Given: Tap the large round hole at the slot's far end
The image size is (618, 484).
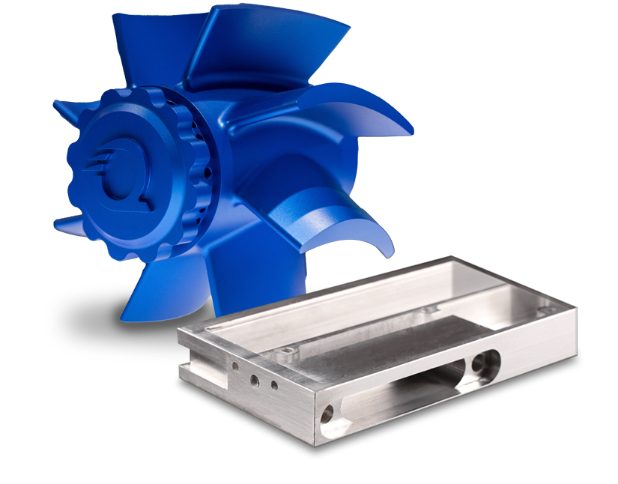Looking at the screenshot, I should (480, 365).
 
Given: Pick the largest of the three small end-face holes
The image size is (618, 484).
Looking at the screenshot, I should (255, 380).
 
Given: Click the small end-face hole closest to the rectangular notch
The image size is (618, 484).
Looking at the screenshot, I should (237, 367).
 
